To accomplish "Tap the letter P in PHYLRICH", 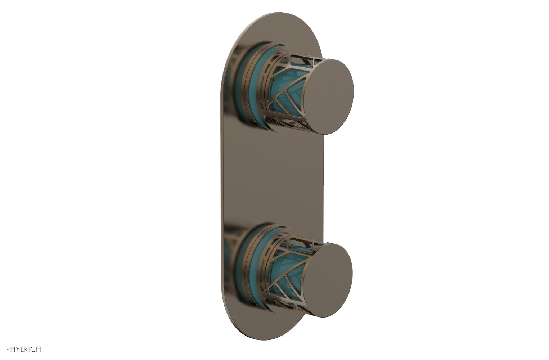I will point(4,349).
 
